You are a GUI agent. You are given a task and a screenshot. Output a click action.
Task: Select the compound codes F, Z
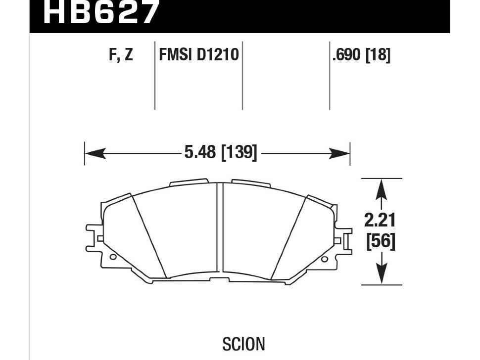point(121,54)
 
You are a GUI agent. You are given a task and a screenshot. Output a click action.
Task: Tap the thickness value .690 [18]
point(361,54)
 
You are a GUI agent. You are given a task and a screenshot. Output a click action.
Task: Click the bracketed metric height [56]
point(381,242)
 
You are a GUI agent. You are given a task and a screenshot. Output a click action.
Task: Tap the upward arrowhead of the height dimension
point(381,188)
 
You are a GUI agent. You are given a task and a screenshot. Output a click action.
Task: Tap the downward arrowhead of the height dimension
point(381,275)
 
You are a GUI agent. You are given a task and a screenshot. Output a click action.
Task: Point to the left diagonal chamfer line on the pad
point(150,237)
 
